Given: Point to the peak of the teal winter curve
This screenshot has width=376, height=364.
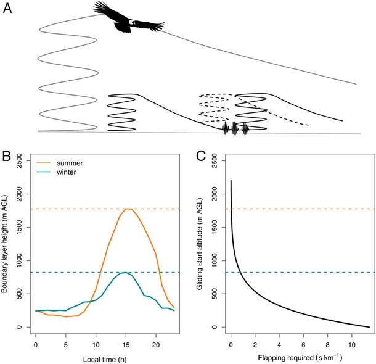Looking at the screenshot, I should [125, 272].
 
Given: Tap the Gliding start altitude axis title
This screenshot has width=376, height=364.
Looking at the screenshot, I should [204, 244].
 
